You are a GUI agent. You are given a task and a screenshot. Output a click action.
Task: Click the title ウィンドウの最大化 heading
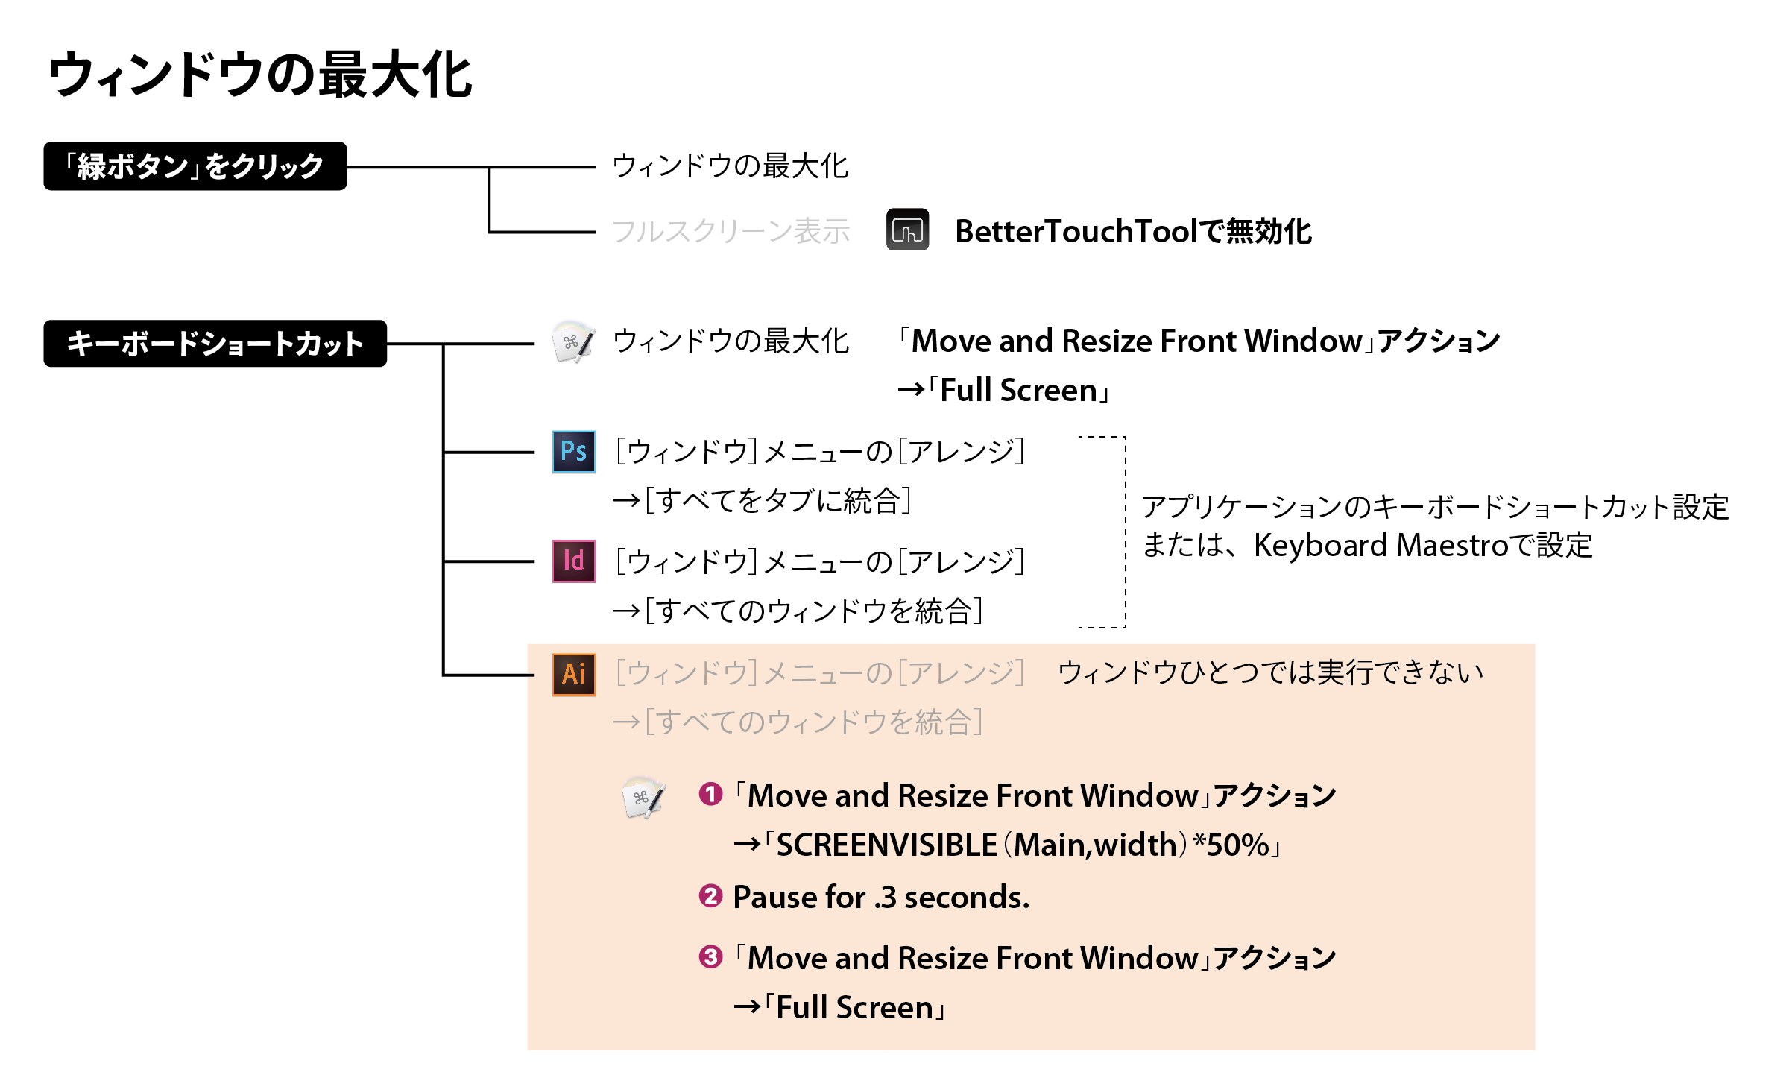pos(260,75)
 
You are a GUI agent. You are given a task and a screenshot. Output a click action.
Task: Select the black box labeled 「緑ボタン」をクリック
pos(195,166)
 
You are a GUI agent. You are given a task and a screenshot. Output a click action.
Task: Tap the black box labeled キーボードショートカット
pos(215,344)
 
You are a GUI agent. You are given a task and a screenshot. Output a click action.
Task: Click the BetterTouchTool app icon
pos(907,230)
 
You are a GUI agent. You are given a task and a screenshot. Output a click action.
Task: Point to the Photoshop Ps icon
pos(574,452)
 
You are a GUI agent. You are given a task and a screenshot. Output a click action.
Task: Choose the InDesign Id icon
pos(574,561)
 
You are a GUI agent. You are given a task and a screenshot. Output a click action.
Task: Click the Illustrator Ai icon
pos(574,675)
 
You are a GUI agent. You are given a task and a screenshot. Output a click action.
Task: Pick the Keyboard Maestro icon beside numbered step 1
pos(643,798)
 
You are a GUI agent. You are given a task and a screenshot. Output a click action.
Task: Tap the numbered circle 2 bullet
pos(710,896)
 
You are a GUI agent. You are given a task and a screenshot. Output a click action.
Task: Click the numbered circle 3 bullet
pos(710,957)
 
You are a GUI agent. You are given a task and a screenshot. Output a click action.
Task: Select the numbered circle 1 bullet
pos(710,795)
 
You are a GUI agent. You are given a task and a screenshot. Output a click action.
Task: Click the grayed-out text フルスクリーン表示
pos(731,231)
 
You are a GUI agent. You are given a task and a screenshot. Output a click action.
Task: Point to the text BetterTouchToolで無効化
pos(1133,231)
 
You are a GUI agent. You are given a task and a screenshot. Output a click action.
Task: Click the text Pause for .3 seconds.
pos(881,897)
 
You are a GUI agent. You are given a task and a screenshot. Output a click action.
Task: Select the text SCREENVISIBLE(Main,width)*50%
pos(1023,845)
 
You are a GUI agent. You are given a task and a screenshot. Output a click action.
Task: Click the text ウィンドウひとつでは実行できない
pos(1271,672)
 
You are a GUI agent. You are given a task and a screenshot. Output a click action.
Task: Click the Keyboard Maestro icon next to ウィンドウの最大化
pos(573,342)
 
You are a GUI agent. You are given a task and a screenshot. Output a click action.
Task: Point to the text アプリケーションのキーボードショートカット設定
pos(1435,507)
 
